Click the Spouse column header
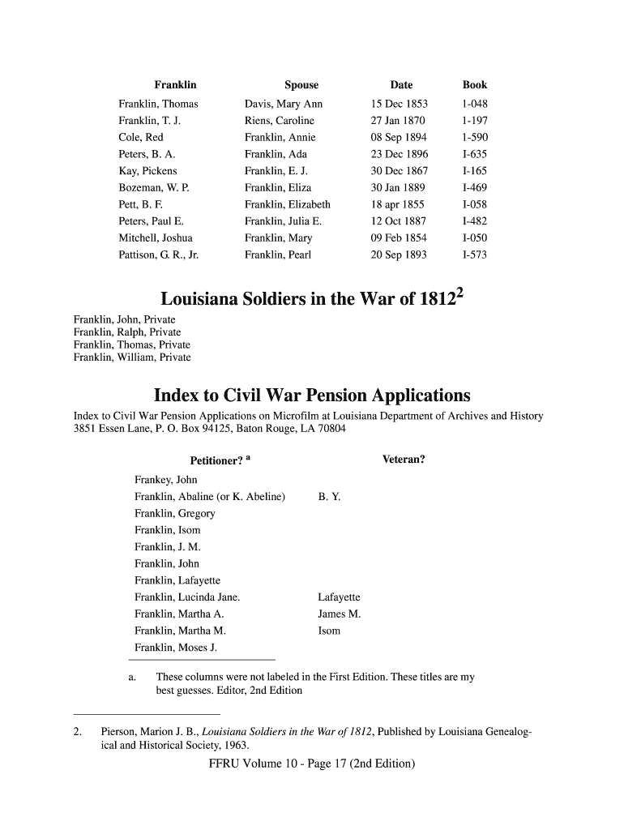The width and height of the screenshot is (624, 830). click(x=301, y=85)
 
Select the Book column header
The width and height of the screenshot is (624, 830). click(x=475, y=85)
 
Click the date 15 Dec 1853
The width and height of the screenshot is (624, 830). click(x=399, y=105)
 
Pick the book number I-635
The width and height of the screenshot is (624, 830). click(x=475, y=155)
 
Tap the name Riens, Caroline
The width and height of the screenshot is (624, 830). click(x=279, y=122)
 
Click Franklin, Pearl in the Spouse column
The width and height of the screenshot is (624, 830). click(x=278, y=255)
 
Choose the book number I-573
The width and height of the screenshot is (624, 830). click(x=475, y=255)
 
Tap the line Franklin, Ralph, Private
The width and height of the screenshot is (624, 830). click(x=127, y=332)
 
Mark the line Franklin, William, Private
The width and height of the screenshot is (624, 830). click(x=132, y=357)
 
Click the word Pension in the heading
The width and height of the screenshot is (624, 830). click(x=333, y=396)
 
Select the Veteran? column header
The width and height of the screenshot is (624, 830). click(x=404, y=460)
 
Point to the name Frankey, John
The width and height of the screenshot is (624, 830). click(x=166, y=481)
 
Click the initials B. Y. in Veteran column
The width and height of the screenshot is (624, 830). click(x=329, y=498)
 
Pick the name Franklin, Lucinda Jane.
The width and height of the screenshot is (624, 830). click(x=186, y=597)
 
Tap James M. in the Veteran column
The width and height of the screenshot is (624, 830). click(x=340, y=614)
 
